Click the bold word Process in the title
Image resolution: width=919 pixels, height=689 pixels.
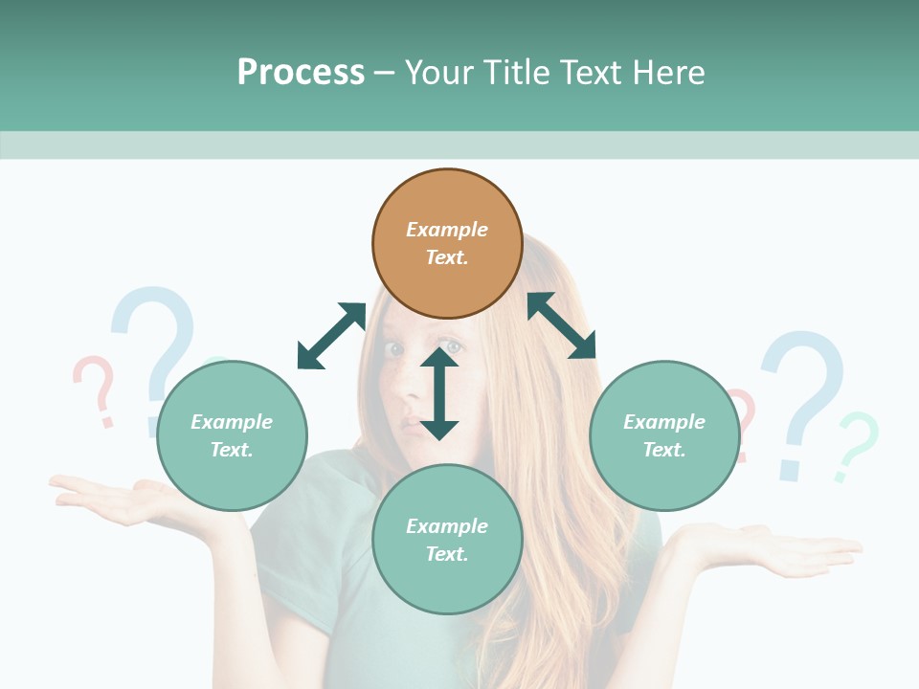click(x=301, y=73)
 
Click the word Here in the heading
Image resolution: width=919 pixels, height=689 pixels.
click(x=669, y=73)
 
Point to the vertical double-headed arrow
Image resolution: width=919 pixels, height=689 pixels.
click(x=439, y=393)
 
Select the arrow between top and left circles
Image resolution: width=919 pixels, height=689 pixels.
click(x=331, y=336)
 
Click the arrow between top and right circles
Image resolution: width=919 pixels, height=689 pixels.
click(x=561, y=325)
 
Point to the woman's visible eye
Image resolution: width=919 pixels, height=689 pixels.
click(x=395, y=350)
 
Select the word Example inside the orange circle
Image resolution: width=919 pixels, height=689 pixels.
click(x=447, y=230)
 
